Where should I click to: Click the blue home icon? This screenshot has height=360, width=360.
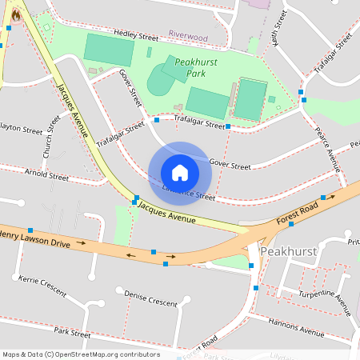179,172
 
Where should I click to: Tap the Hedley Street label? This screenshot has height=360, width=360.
136,36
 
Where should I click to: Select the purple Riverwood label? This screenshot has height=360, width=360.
188,36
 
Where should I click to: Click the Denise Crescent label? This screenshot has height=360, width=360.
150,298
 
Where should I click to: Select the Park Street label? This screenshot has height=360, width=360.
72,330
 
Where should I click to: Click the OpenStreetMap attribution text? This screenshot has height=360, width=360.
80,354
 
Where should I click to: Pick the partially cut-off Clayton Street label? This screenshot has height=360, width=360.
20,128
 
